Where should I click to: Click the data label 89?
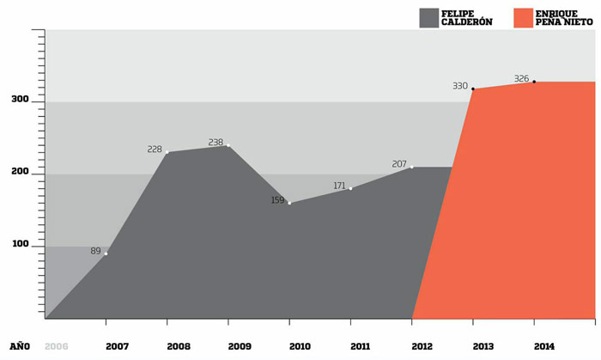click(95, 251)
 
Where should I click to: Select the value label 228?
click(155, 149)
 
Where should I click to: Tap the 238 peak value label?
click(216, 143)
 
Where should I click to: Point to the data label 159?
click(277, 201)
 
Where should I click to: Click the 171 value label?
click(339, 186)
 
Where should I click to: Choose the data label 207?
click(399, 164)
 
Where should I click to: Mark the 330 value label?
click(460, 86)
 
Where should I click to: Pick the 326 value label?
click(521, 79)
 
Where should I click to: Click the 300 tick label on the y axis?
click(20, 101)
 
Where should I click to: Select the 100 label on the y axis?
click(20, 245)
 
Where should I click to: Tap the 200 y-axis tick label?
click(20, 173)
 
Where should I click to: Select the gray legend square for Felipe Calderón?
click(428, 17)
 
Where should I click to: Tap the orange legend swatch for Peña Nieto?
click(522, 17)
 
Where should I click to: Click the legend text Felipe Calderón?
click(469, 17)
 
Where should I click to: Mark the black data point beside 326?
click(534, 82)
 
